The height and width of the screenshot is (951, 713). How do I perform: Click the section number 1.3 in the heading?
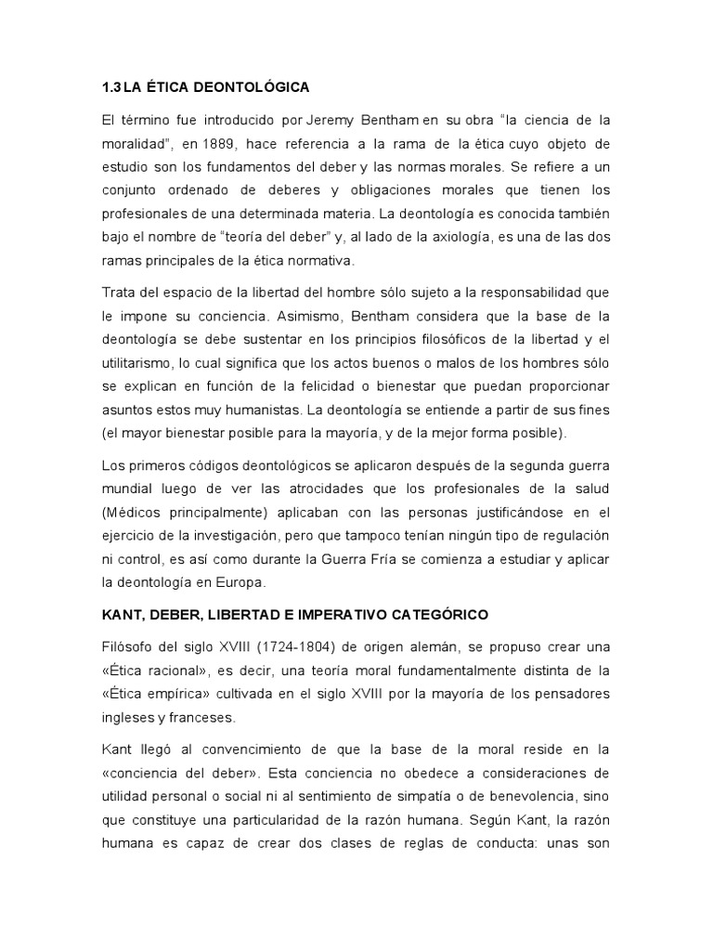pyautogui.click(x=112, y=87)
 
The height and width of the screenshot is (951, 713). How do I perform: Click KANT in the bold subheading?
pyautogui.click(x=124, y=615)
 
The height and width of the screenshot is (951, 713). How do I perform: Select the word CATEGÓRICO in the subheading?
pyautogui.click(x=442, y=615)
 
